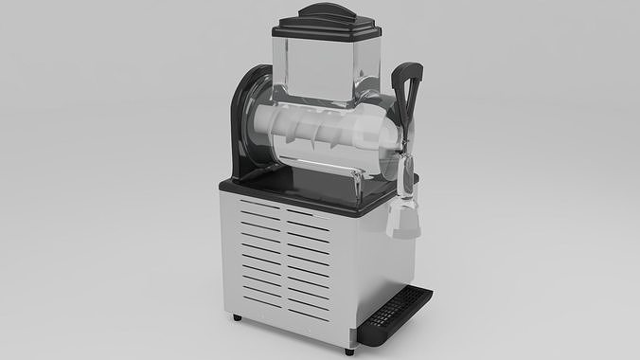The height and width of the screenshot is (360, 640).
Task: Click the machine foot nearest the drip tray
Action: coord(351,351)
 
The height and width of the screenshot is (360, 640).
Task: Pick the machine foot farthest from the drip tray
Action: coord(237,315)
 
